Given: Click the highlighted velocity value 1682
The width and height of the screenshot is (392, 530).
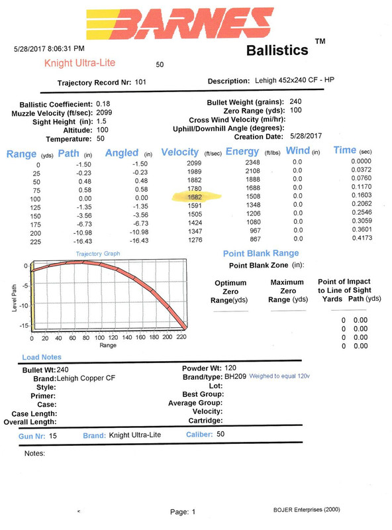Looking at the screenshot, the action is pos(195,197).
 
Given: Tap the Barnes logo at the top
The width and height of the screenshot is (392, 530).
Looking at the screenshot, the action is pos(180,23).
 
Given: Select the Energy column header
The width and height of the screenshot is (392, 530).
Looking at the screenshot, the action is pos(242,152).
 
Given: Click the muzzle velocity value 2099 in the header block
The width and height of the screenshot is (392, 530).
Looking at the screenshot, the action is pos(104,113).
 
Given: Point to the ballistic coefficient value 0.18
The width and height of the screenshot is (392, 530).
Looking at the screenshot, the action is pos(103,104).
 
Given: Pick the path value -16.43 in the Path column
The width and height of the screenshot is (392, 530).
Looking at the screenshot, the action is pos(83,241).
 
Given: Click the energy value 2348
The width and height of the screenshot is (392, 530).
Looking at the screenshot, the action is pos(252,162).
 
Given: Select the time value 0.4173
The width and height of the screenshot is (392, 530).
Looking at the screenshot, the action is pos(362,238).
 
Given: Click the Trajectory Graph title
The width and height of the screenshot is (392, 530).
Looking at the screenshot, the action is pos(97,254).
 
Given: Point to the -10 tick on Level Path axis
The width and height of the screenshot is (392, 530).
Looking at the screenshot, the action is pos(24,305).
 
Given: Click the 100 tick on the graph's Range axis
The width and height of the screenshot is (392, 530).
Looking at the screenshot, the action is pos(99,337).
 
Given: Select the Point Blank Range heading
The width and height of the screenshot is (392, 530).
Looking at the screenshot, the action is pos(261,253).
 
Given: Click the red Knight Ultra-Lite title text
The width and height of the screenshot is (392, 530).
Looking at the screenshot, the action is pos(79,63).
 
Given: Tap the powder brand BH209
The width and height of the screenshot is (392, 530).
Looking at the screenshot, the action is pos(235,376).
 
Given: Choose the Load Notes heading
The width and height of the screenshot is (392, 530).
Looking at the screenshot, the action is pos(42,357).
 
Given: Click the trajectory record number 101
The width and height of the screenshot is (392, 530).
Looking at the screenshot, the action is pos(140,81).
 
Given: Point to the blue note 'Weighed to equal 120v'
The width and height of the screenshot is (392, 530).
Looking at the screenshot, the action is pos(279,376).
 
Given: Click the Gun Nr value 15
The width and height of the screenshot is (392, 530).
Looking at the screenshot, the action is pos(53,436).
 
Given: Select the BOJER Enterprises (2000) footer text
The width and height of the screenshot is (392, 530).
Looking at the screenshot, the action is pos(307,509).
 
